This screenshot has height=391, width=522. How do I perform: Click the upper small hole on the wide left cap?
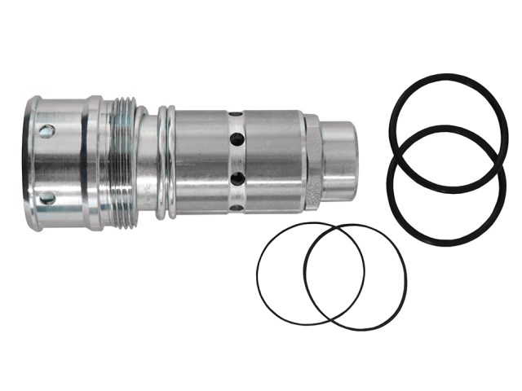click(x=46, y=131)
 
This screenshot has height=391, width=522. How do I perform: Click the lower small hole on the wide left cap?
click(x=46, y=197)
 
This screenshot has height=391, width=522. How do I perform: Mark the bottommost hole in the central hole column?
click(x=236, y=207)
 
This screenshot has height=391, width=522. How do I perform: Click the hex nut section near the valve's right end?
click(x=314, y=161)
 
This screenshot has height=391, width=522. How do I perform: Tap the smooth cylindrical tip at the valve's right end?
click(x=340, y=161)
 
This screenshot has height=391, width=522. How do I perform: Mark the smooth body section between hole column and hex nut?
click(x=273, y=161)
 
